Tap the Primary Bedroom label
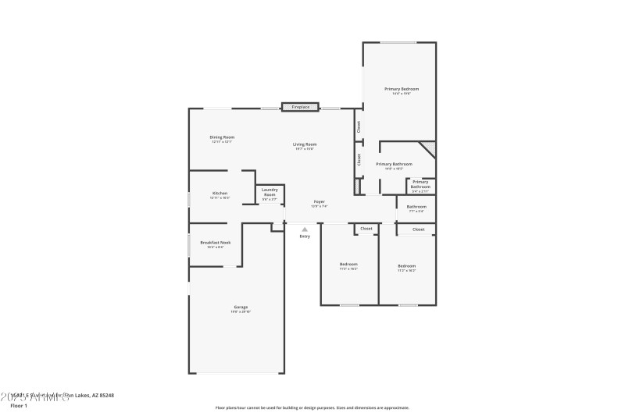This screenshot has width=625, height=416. [x=402, y=89]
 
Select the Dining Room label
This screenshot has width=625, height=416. [x=222, y=137]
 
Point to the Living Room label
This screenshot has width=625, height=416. [x=305, y=144]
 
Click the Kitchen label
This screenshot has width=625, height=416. [x=220, y=194]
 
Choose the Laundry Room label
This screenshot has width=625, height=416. [x=270, y=191]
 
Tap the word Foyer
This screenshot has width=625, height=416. [x=320, y=201]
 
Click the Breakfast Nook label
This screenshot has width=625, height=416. [x=215, y=243]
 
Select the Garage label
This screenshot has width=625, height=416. [x=240, y=307]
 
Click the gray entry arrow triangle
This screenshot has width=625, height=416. [x=305, y=229]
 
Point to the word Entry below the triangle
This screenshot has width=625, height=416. [x=305, y=236]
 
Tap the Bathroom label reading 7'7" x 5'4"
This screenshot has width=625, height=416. [x=417, y=207]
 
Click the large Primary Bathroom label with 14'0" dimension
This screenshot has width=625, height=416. [x=394, y=164]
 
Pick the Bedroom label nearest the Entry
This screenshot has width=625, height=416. [x=348, y=265]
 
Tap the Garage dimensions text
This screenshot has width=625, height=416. [x=240, y=311]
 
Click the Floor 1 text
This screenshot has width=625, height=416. [x=19, y=406]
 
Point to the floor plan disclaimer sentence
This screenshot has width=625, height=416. [x=312, y=407]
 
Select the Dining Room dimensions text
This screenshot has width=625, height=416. [x=222, y=142]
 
